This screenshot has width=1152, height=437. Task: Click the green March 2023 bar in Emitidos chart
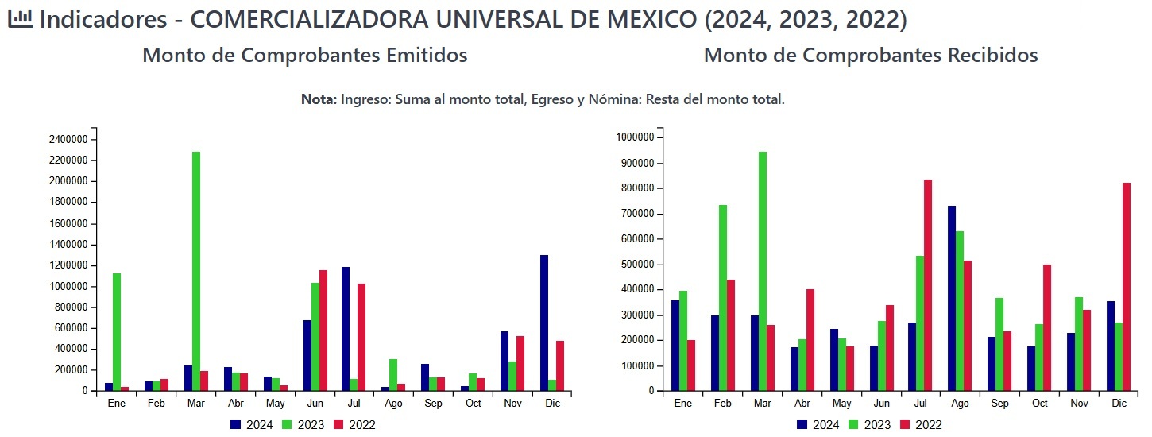(196, 271)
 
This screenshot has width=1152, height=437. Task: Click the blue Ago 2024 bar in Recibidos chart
(952, 298)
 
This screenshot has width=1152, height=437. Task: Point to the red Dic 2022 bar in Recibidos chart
(1127, 287)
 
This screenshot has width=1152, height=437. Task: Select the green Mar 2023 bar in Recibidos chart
(763, 271)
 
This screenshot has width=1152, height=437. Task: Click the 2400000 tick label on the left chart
(68, 140)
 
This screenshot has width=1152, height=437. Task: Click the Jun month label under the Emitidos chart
(314, 404)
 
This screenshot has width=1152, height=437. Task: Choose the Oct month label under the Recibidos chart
(1040, 404)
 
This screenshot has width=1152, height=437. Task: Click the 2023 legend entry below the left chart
(303, 425)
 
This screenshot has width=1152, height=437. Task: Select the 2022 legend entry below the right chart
(920, 425)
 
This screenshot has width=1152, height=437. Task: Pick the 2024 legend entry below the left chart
(251, 425)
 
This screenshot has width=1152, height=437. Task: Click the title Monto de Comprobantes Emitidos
(304, 56)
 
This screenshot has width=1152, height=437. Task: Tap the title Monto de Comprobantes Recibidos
(871, 56)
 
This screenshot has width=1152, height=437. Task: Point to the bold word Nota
(319, 100)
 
